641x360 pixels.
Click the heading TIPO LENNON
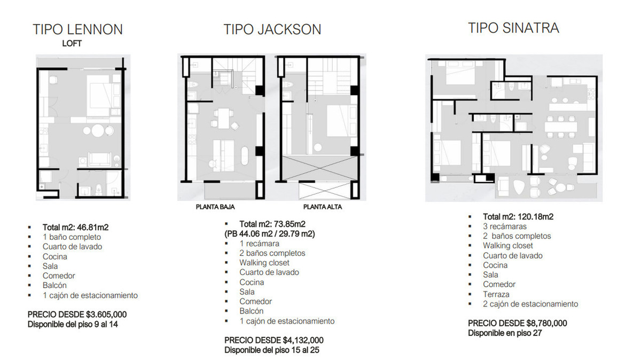(x=78, y=29)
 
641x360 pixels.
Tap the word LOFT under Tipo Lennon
(x=72, y=43)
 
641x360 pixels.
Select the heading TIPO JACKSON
(x=272, y=29)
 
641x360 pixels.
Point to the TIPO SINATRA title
(x=514, y=28)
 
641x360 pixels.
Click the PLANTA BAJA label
(x=215, y=207)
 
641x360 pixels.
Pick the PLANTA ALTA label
(x=323, y=207)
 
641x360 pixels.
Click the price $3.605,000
(x=106, y=315)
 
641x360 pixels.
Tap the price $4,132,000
(x=303, y=340)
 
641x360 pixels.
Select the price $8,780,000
(x=546, y=323)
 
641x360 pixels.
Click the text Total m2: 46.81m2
(x=75, y=228)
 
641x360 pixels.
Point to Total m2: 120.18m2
(x=518, y=217)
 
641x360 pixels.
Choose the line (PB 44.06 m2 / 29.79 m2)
(x=270, y=234)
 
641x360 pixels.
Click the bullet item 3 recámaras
(x=505, y=226)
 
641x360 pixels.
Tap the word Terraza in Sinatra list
(x=496, y=294)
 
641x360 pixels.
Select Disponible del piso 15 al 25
(x=272, y=350)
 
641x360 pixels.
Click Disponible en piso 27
(x=505, y=333)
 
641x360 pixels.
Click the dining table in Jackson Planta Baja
(x=223, y=118)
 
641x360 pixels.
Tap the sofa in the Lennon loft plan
(x=99, y=159)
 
